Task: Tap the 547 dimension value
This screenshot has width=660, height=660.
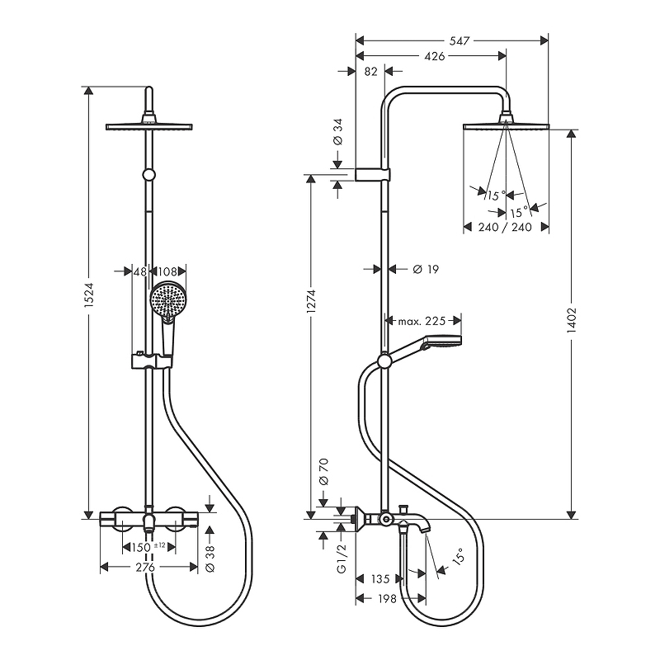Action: click(460, 40)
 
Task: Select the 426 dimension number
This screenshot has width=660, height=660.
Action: click(435, 56)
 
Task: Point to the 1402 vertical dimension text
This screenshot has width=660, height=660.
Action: click(571, 321)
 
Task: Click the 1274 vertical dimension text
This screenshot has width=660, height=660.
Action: click(312, 301)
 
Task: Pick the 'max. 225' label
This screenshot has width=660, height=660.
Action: click(422, 321)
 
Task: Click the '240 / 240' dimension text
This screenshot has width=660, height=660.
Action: click(505, 228)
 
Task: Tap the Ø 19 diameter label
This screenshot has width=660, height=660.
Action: click(426, 269)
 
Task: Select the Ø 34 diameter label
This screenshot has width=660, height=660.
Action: click(338, 131)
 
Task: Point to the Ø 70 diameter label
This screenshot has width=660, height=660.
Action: click(324, 472)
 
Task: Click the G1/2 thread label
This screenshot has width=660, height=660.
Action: click(342, 559)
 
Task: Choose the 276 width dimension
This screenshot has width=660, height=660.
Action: click(145, 567)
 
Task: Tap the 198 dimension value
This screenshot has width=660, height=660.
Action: click(387, 598)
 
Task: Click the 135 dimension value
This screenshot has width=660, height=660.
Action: click(380, 579)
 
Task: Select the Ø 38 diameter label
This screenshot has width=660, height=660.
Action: click(210, 559)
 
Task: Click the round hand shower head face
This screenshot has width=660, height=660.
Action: click(168, 299)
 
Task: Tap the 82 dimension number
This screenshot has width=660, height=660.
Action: click(370, 72)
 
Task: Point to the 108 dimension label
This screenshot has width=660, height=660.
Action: click(167, 271)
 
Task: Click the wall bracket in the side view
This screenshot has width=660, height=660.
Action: click(374, 175)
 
